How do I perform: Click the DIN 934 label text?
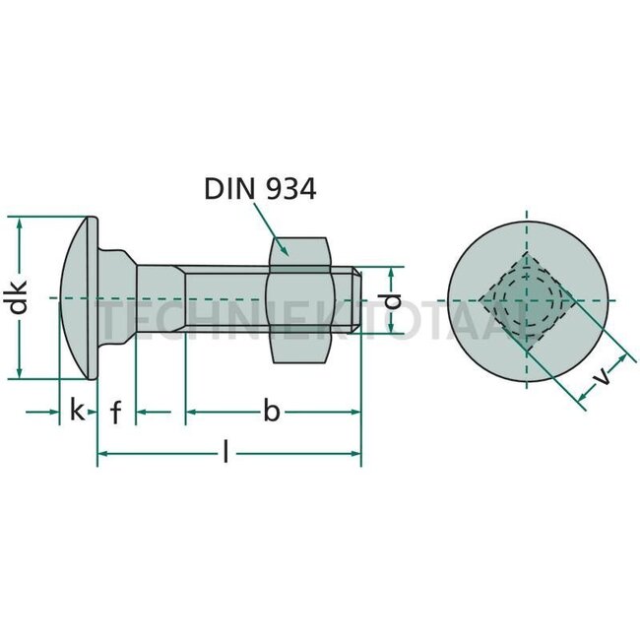coord(260,189)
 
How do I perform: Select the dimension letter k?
coord(77,411)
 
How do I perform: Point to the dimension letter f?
coord(115,412)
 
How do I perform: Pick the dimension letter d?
coord(392,299)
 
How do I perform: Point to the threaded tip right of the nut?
coord(348,298)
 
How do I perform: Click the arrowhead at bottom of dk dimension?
coord(19,373)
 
